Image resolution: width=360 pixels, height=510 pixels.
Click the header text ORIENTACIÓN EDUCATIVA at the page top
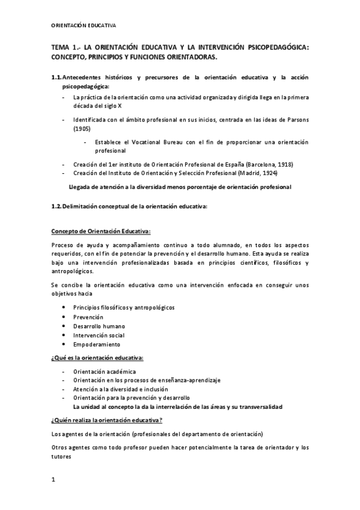coord(84,25)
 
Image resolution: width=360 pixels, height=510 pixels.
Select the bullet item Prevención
coord(88,317)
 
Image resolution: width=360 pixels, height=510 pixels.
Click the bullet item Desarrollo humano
coord(99,326)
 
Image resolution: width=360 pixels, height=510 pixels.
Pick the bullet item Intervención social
coord(99,336)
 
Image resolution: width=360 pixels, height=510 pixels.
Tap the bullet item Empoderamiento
coord(96,345)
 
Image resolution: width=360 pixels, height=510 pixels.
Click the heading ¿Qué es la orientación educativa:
coord(97,358)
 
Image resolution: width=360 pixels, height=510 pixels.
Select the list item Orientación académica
coord(104,372)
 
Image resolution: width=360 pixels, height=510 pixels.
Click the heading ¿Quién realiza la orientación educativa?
coord(107,419)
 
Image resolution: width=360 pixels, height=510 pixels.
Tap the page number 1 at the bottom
coord(53,479)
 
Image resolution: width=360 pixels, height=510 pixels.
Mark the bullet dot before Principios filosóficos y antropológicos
coord(64,307)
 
